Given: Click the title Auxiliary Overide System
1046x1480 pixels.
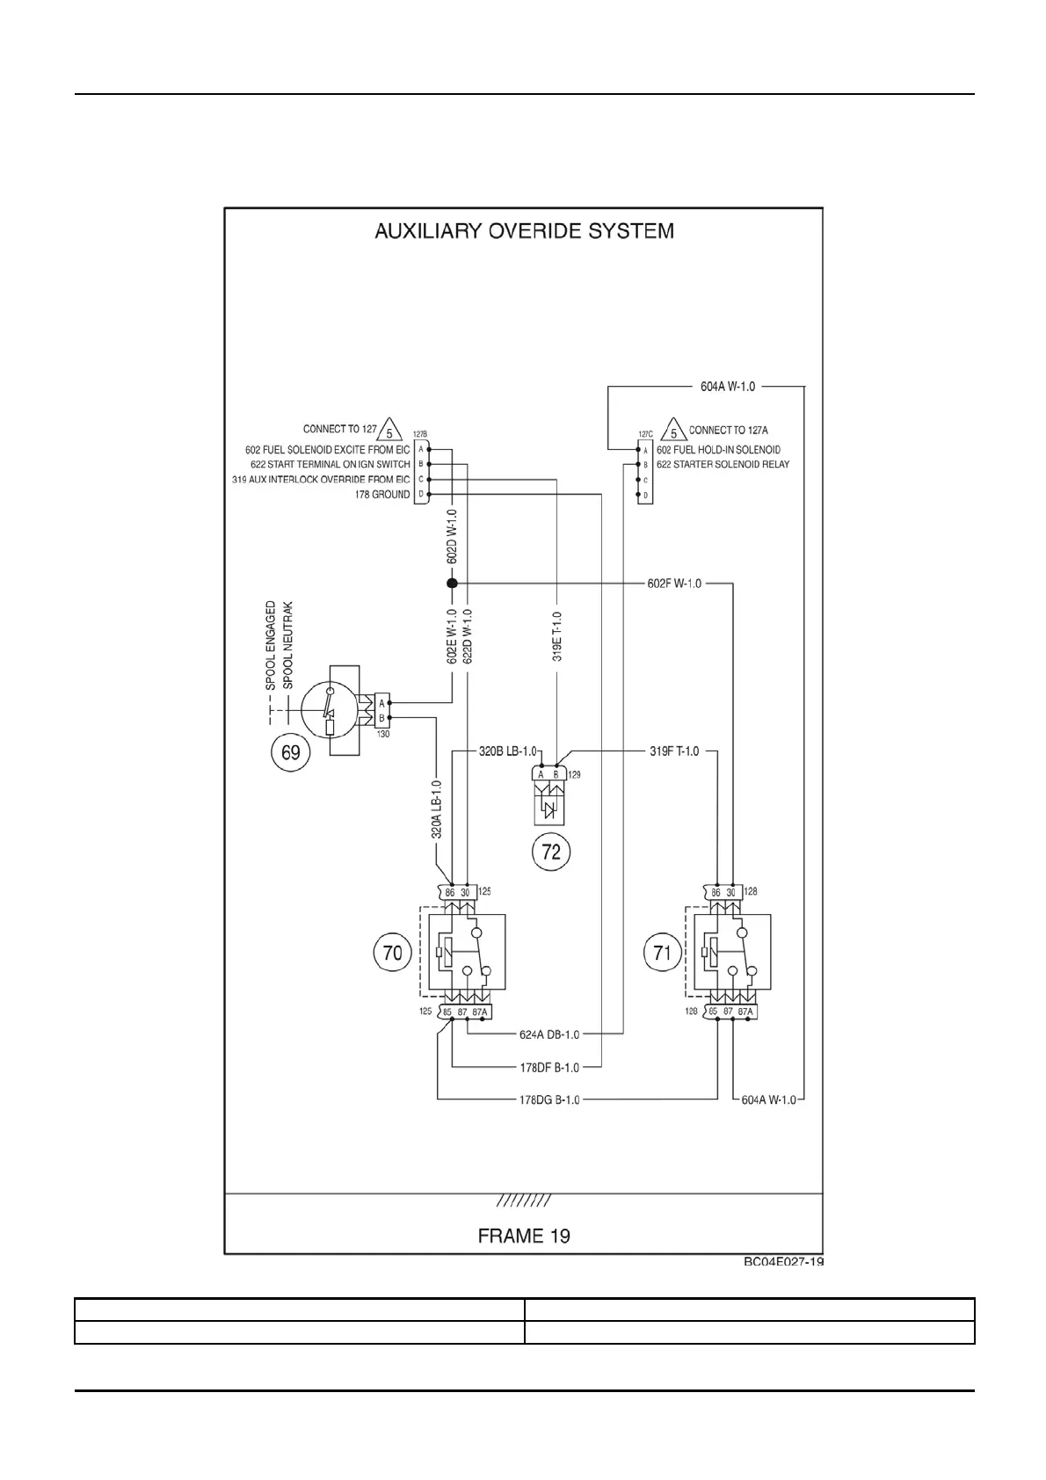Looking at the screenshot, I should click(524, 231).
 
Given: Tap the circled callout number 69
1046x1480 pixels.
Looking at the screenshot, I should click(289, 753).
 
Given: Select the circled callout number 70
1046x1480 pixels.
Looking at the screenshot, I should click(392, 954).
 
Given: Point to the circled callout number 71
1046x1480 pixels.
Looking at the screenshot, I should click(662, 954).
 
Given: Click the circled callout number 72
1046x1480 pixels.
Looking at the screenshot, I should click(551, 852).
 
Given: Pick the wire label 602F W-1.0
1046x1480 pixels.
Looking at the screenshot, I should click(674, 584).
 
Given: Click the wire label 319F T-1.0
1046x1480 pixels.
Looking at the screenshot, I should click(674, 751).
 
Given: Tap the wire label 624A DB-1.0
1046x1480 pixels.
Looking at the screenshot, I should click(549, 1034).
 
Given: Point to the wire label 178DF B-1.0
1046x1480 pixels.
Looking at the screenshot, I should click(549, 1068).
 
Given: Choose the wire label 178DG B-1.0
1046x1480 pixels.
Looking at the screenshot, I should click(549, 1099).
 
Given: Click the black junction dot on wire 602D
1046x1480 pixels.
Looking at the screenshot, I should click(452, 584).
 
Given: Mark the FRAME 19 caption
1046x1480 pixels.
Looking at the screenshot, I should click(524, 1236).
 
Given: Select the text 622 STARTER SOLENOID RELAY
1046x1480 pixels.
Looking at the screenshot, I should click(723, 464).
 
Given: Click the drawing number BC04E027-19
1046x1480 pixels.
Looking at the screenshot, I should click(784, 1262).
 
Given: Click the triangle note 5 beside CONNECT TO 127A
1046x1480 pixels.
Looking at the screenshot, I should click(673, 432).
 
